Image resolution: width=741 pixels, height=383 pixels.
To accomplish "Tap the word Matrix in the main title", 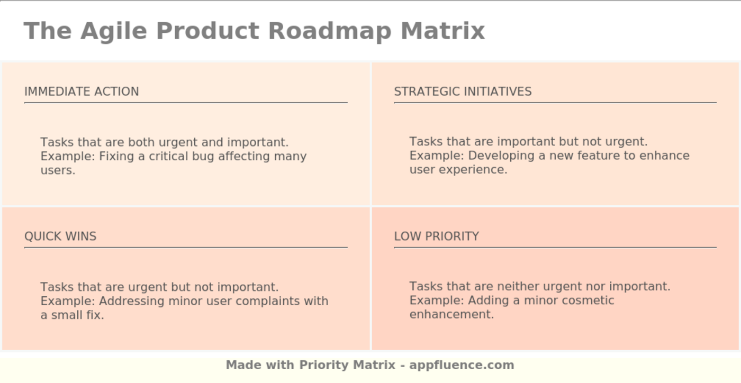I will click(x=442, y=31).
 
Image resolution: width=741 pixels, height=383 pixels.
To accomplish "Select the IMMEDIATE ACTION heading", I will click(x=82, y=92).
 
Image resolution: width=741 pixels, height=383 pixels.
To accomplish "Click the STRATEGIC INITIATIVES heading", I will click(x=463, y=92).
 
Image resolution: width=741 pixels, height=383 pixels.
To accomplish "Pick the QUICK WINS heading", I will click(x=60, y=236).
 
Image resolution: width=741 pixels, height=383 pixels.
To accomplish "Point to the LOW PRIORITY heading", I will click(x=436, y=236).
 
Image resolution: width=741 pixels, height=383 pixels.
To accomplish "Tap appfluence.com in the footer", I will click(x=462, y=365).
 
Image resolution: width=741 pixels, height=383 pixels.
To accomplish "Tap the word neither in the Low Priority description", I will click(x=518, y=286).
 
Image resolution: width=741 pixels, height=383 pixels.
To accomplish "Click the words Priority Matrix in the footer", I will click(x=347, y=365).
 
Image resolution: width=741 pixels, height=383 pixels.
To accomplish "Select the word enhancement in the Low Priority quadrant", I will click(x=451, y=314).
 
